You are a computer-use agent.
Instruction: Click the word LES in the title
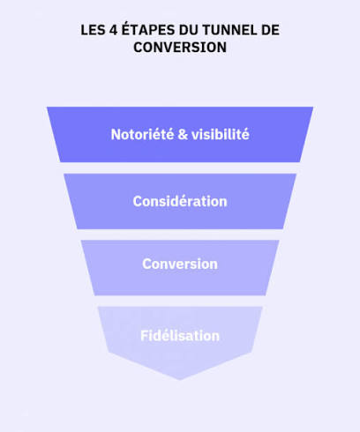point(91,30)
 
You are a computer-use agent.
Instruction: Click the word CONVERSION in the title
point(180,48)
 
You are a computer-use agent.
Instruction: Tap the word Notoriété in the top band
point(142,134)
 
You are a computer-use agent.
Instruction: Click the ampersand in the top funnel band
point(183,135)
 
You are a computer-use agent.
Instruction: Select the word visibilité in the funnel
point(221,134)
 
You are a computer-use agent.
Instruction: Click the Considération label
point(180,201)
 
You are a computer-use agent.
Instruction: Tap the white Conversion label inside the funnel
point(180,264)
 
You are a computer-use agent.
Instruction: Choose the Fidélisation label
point(180,336)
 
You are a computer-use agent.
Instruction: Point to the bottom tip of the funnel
point(180,380)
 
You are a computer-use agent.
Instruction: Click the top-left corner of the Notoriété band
point(48,108)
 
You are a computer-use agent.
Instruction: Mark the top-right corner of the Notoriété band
point(313,108)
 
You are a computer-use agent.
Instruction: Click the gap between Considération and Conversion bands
point(180,235)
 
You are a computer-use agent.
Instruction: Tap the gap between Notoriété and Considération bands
point(180,168)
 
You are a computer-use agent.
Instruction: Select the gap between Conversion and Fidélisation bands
point(180,301)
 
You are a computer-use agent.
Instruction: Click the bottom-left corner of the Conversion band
point(94,295)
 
